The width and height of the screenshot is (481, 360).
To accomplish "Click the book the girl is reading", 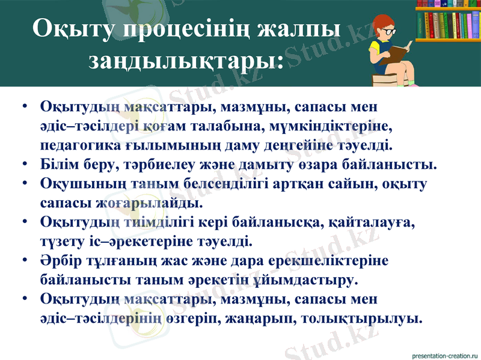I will click(x=399, y=52).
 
